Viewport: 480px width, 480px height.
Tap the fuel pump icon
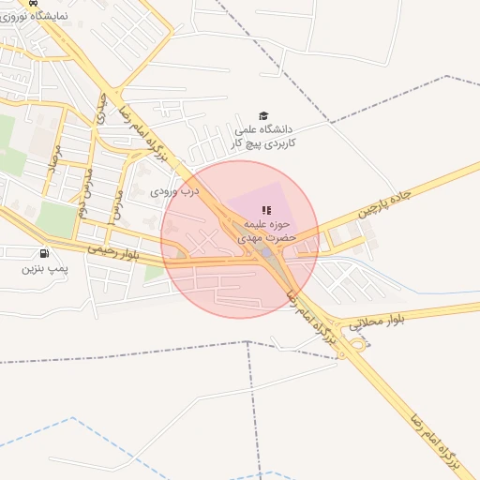coord(44,253)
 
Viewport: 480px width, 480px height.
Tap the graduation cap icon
coord(262,114)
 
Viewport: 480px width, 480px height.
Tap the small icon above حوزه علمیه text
coord(264,210)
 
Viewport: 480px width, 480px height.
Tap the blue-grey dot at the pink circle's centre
coord(265,251)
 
